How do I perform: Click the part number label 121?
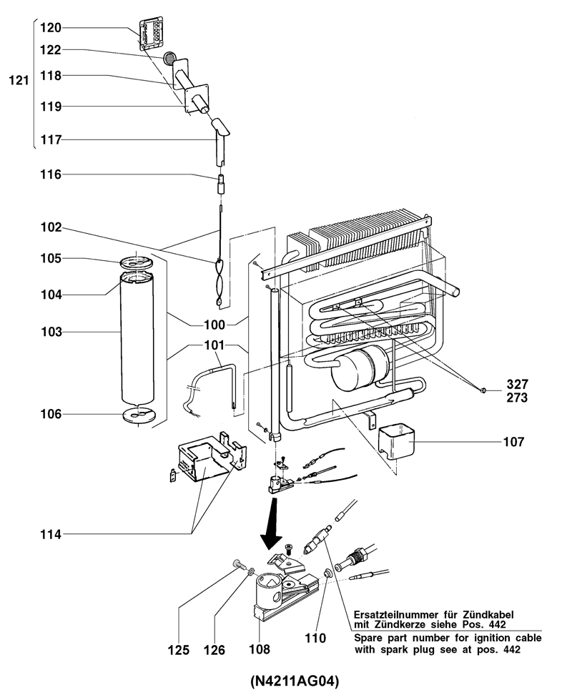(18, 82)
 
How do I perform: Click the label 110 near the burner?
(316, 637)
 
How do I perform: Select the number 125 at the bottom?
(179, 650)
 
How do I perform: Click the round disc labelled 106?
(138, 414)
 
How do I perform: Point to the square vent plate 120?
(152, 34)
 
